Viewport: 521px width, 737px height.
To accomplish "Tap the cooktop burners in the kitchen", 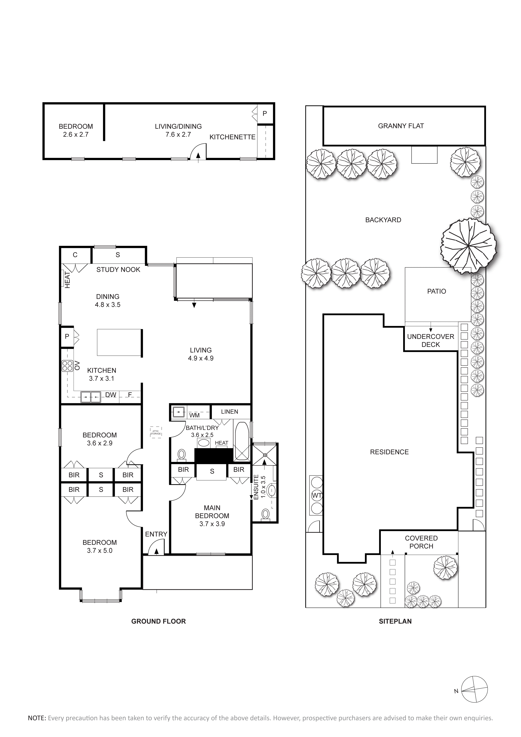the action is click(x=67, y=366).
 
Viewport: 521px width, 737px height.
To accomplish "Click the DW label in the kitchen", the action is click(x=111, y=395).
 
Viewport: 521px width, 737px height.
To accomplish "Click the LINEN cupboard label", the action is click(x=229, y=412).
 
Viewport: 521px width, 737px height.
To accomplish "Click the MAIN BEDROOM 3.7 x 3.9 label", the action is click(x=212, y=516).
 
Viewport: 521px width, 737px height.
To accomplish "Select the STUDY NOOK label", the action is click(x=118, y=270).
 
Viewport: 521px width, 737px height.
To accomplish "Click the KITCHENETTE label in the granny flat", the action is click(x=232, y=137).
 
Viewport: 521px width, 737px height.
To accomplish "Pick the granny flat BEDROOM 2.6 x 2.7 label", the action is click(x=76, y=130).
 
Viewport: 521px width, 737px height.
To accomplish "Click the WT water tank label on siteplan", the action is click(x=316, y=495).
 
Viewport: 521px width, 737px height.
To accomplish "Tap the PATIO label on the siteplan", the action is click(x=437, y=291).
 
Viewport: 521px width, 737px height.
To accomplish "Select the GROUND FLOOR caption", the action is click(x=159, y=621).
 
